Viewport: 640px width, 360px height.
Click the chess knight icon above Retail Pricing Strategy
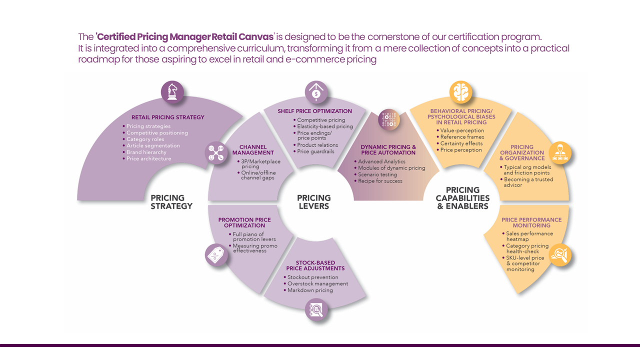[172, 92]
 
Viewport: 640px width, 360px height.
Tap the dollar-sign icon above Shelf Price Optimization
[316, 92]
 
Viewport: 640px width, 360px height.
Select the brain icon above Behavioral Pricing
[461, 92]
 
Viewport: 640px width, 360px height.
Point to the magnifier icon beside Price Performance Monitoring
[560, 255]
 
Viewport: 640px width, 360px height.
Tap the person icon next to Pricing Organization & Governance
[560, 152]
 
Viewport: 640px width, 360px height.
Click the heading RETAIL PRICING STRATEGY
[168, 117]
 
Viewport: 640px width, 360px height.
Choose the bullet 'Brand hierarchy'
[146, 152]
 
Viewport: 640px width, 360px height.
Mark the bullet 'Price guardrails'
[315, 151]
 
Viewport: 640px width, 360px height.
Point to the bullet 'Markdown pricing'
[309, 290]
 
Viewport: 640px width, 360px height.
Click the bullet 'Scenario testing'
[377, 174]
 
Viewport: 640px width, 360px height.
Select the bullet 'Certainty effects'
[460, 143]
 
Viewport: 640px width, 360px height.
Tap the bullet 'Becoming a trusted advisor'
[528, 182]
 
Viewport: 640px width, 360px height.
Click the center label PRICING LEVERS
[314, 201]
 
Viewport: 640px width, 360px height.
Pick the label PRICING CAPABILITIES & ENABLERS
[462, 197]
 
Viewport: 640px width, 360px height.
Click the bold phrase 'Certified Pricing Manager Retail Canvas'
[185, 37]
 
